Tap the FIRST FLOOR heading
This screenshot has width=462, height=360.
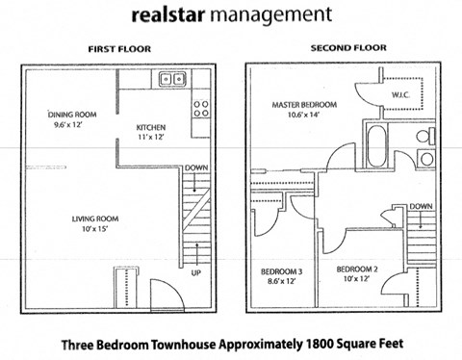(118, 49)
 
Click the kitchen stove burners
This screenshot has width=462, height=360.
(201, 108)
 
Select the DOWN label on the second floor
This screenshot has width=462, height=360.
(419, 207)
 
